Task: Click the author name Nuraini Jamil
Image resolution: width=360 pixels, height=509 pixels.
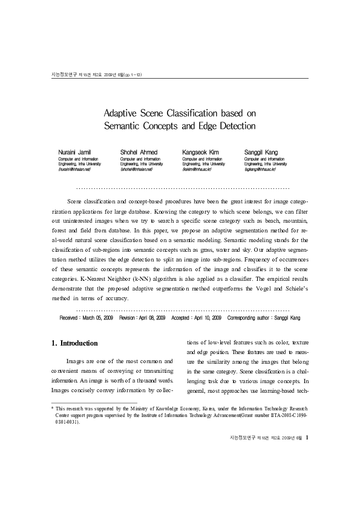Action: point(74,151)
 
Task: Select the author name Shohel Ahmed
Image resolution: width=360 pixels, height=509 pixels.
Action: point(139,151)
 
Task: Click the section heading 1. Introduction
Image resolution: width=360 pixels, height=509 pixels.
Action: point(75,343)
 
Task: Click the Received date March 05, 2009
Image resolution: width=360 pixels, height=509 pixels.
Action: point(97,317)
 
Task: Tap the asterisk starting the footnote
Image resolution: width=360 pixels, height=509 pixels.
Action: point(52,410)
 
